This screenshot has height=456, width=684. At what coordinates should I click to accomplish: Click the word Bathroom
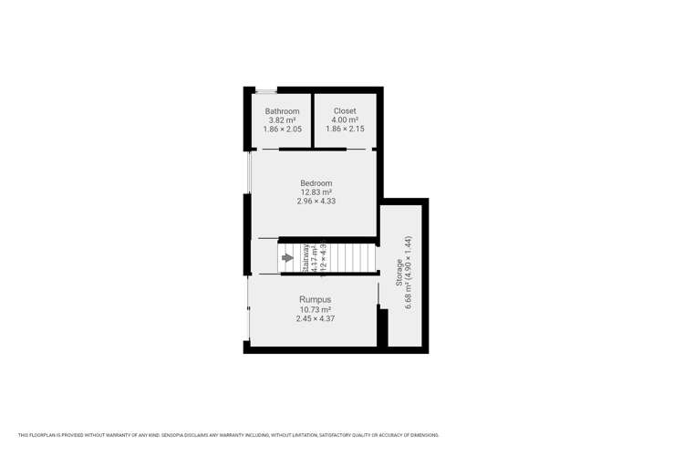[283, 111]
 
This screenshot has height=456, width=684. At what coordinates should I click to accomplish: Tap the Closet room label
[345, 111]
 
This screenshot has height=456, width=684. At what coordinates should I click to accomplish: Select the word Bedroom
[316, 183]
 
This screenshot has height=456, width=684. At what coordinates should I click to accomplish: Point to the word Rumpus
[316, 299]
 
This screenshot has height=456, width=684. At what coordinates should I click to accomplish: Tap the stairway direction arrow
[287, 258]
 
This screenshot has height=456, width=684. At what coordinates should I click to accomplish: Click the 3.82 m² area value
[283, 120]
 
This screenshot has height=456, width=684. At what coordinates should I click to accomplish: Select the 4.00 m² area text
[345, 120]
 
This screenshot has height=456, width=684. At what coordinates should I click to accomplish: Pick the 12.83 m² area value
[316, 192]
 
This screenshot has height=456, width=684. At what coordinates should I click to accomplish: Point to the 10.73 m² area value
[316, 309]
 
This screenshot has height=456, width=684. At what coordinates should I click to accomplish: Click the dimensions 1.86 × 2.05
[283, 130]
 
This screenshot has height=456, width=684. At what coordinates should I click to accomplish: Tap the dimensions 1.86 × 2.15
[345, 130]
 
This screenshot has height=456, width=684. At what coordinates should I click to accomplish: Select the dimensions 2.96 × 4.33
[316, 202]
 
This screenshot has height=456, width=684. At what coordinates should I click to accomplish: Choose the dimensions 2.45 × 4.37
[316, 318]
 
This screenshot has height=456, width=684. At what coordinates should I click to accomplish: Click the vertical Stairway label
[306, 258]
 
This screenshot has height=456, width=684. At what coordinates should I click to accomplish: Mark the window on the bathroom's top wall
[266, 90]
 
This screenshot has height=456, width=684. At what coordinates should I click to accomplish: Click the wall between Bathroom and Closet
[312, 119]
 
